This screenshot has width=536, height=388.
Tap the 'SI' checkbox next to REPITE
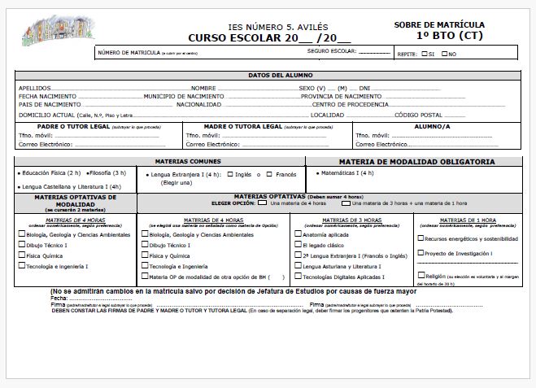(x=425, y=53)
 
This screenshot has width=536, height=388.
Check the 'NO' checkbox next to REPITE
(x=444, y=53)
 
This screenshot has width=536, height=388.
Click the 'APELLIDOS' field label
(x=34, y=87)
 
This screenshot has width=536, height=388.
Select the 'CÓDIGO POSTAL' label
(x=419, y=115)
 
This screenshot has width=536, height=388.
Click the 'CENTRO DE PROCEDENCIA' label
(x=351, y=105)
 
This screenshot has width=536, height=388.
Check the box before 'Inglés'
(x=229, y=174)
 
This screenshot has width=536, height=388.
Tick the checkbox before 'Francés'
(x=270, y=174)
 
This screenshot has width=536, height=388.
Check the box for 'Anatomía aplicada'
(x=297, y=234)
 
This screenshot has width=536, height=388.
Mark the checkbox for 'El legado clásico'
(x=297, y=245)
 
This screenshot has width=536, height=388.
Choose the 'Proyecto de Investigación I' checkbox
(x=420, y=253)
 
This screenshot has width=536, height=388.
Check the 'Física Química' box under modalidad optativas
(x=21, y=255)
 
